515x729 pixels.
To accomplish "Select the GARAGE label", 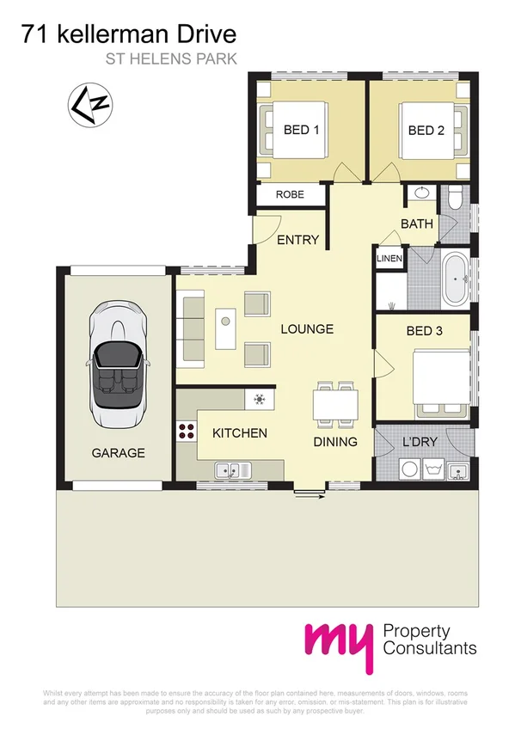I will [x=120, y=452].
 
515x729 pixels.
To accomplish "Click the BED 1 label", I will [x=302, y=131].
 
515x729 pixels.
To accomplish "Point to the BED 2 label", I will [x=426, y=131].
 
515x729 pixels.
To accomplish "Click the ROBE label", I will [x=290, y=195].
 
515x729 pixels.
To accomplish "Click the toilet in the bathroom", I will [x=457, y=200].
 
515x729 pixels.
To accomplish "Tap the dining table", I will [x=334, y=403].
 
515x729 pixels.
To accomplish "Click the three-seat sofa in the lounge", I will [x=190, y=328].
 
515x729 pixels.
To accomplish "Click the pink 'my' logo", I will [x=339, y=638].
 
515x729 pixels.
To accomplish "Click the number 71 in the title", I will [x=34, y=35].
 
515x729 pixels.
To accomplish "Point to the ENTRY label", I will [x=297, y=240].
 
